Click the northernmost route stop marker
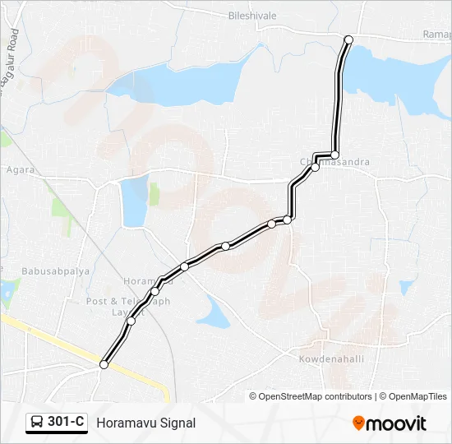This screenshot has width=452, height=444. pyautogui.click(x=348, y=39)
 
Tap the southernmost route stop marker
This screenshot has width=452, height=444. pyautogui.click(x=104, y=364)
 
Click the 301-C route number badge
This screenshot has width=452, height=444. pyautogui.click(x=57, y=422)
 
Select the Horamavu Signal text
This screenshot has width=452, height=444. pyautogui.click(x=146, y=423)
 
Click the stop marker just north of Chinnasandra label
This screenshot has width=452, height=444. pyautogui.click(x=334, y=155)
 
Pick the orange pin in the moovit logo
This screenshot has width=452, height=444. pyautogui.click(x=358, y=423)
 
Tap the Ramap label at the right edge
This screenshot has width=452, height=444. pyautogui.click(x=436, y=35)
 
